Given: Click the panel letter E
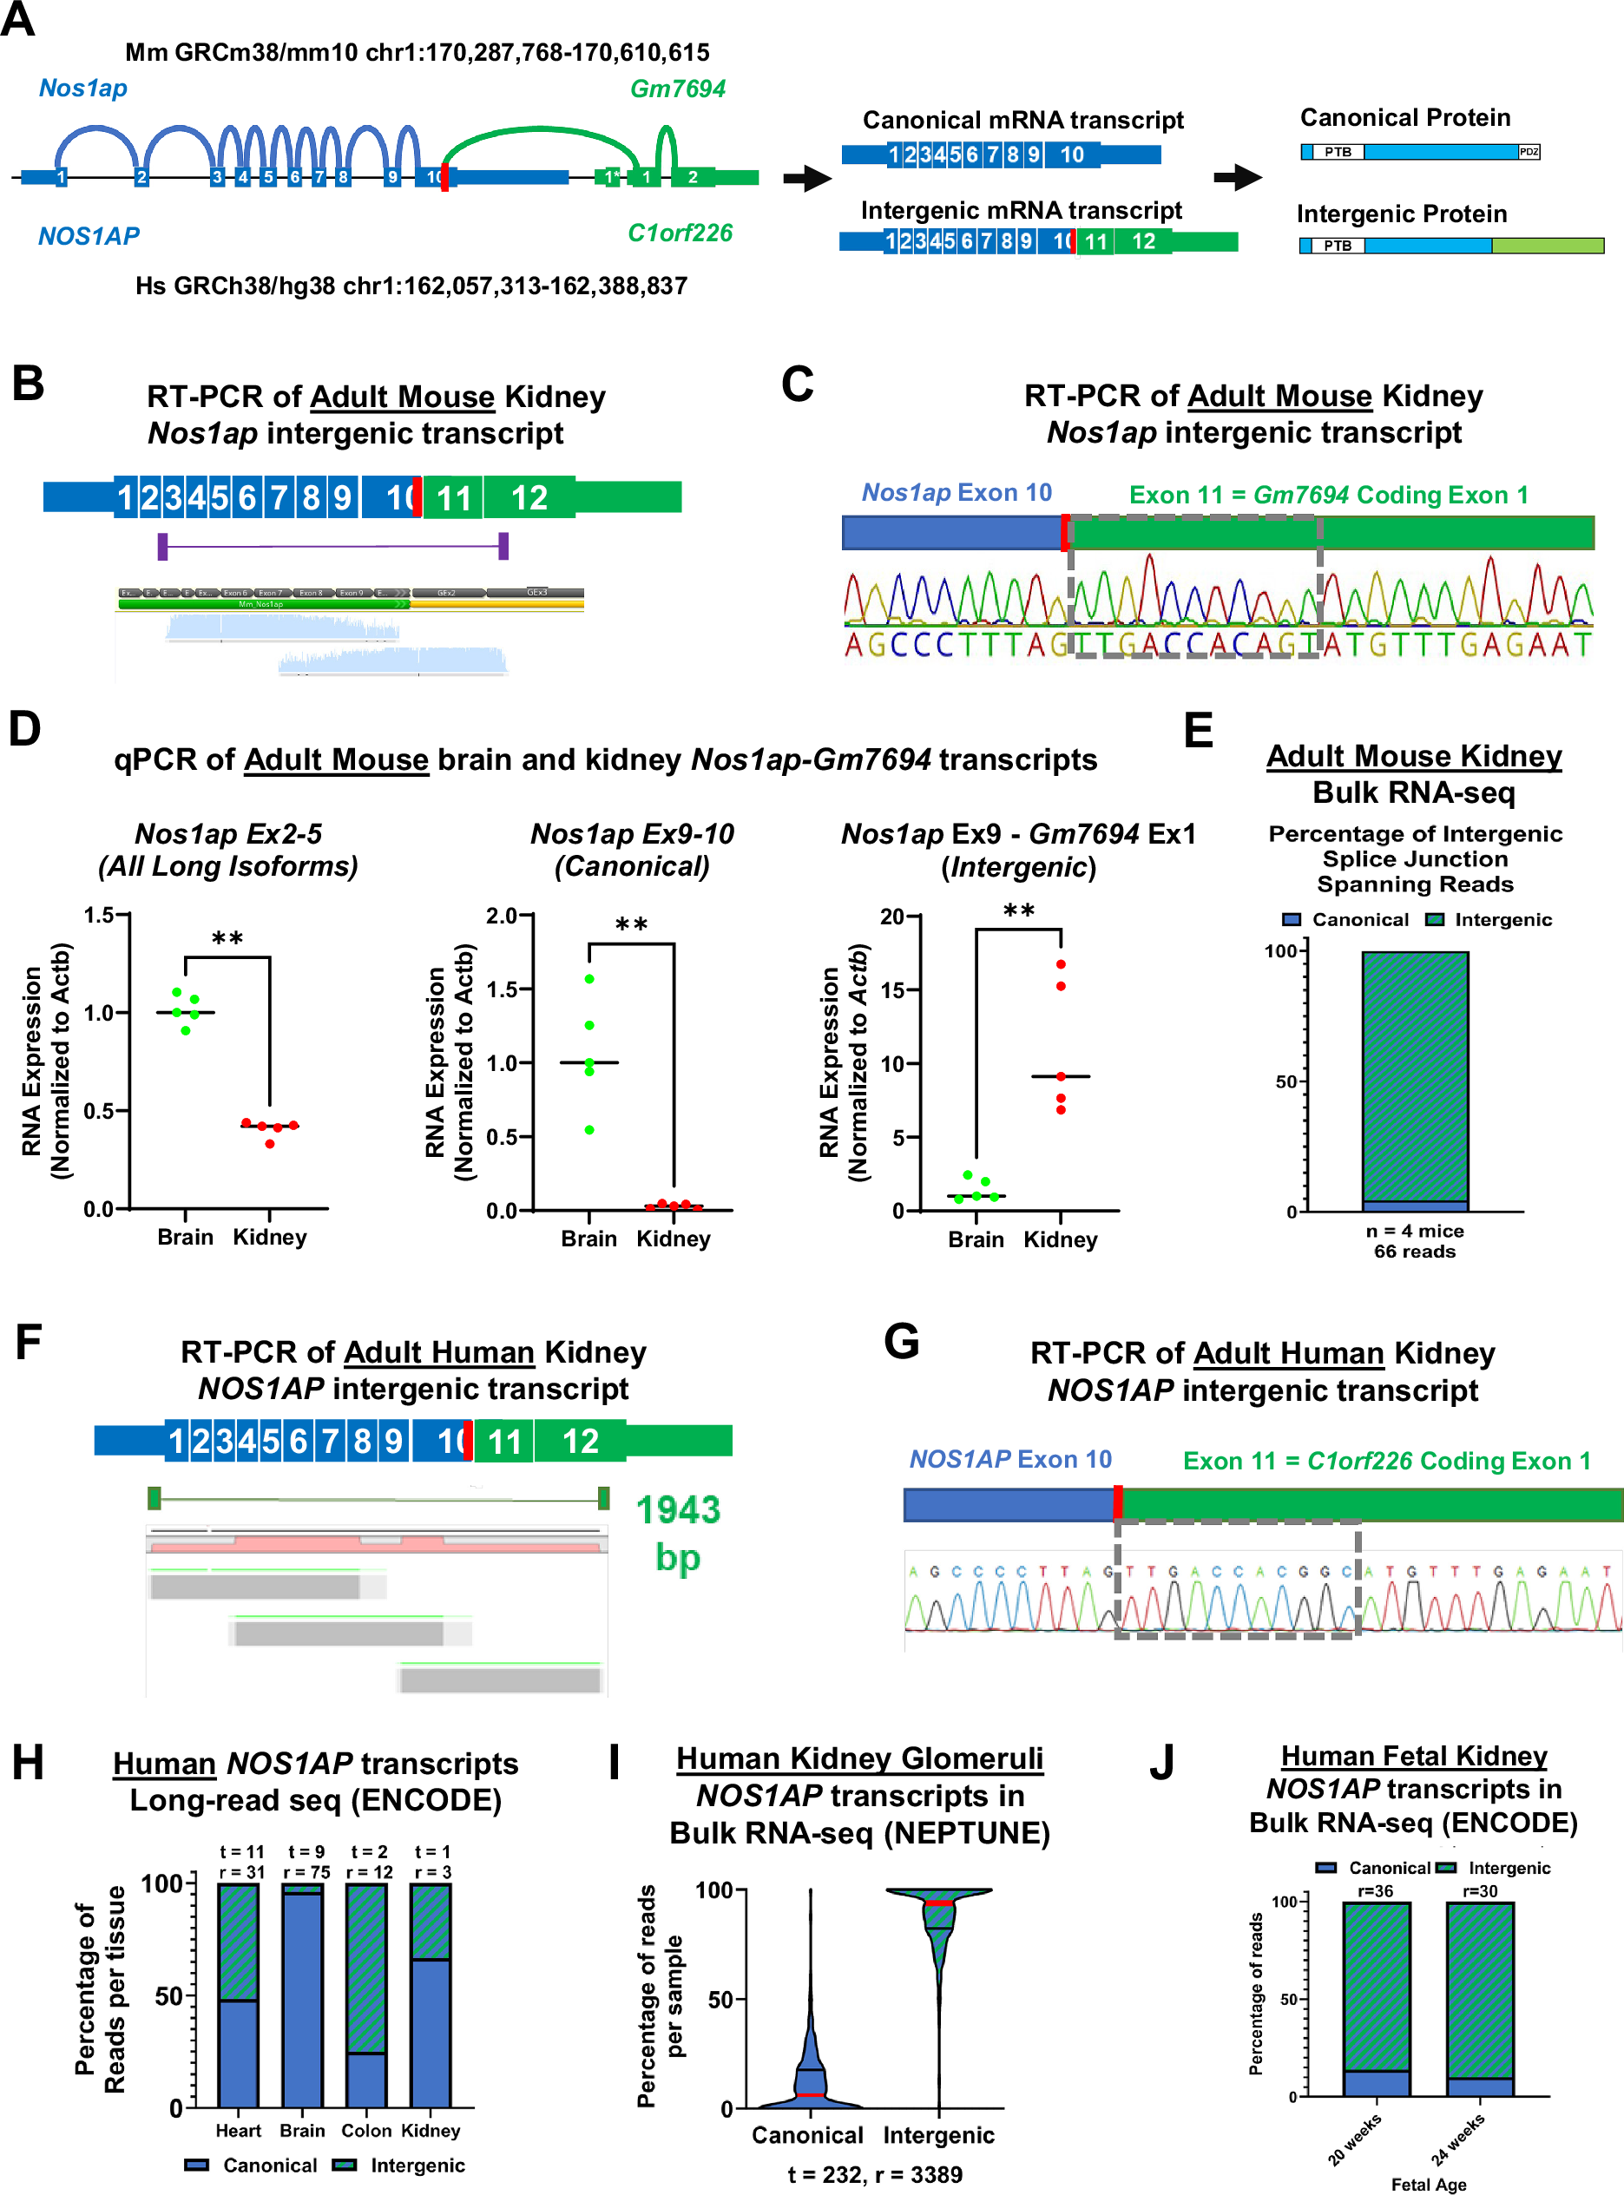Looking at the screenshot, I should point(1199,732).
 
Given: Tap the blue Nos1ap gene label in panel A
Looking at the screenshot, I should point(82,89).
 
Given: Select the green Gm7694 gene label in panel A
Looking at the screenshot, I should point(677,89).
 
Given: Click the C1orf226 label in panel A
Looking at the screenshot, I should point(681,233).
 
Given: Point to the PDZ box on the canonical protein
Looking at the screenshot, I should point(1529,153).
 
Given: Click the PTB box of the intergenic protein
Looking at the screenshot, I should point(1337,246).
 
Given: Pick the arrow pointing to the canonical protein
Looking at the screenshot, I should point(1238,178).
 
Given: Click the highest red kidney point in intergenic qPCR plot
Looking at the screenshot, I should point(1061,964).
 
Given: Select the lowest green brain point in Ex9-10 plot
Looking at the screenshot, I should point(588,1129).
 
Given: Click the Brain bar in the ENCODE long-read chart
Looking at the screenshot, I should point(302,1995).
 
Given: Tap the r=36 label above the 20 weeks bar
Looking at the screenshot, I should point(1375,1891).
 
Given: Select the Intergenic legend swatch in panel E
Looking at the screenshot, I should point(1436,920).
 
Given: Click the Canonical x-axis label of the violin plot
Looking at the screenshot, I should point(807,2135).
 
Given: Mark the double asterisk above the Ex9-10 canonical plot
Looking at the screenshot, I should point(631,924).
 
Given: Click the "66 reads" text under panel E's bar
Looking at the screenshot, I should point(1415,1252).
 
